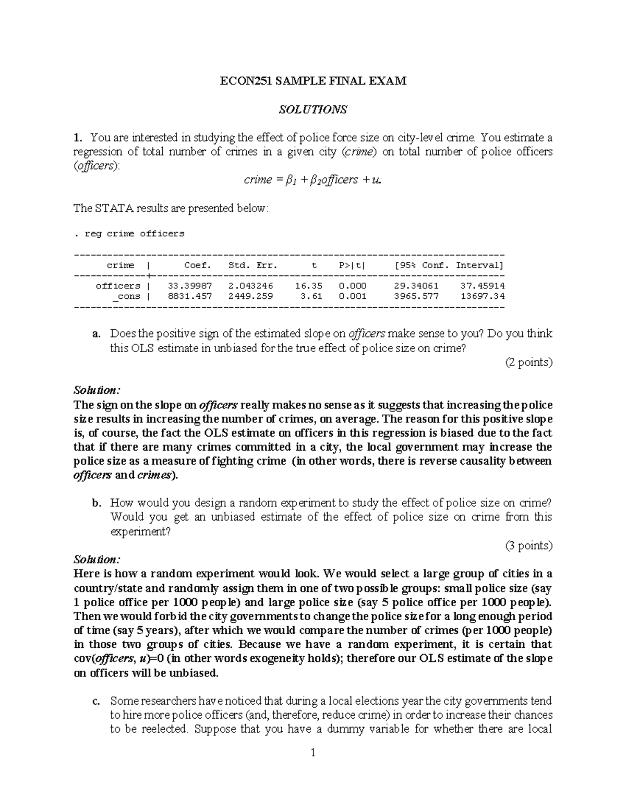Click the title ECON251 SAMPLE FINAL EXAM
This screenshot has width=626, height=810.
(312, 81)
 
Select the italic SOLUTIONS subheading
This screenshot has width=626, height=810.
(312, 110)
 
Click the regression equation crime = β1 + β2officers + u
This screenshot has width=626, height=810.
(313, 180)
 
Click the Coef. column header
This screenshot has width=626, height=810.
(198, 265)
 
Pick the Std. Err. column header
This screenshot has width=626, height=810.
(249, 265)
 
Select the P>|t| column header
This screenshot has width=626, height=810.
(352, 265)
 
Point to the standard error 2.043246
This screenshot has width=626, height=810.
(250, 286)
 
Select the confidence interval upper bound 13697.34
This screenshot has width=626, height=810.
(483, 296)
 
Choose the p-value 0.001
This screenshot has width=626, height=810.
(352, 296)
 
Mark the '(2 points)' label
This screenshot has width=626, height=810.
(528, 362)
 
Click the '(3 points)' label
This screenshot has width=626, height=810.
(528, 546)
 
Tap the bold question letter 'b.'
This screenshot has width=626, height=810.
(96, 503)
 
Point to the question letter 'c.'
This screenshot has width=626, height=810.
(96, 701)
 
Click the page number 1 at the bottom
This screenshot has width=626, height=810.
(313, 753)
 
